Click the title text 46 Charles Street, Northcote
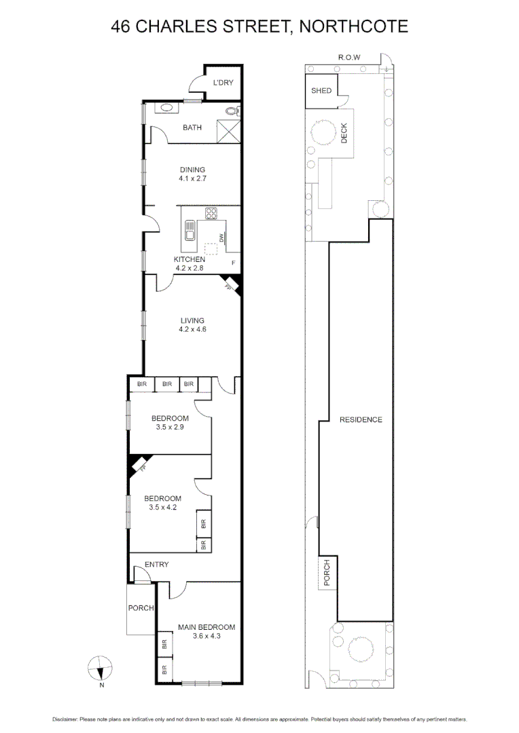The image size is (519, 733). tap(259, 26)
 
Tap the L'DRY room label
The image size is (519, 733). tap(223, 83)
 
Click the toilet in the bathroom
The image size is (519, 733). tap(232, 111)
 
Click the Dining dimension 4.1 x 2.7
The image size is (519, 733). tap(192, 179)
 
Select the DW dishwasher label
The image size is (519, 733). tap(221, 238)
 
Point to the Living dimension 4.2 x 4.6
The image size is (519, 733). tap(192, 330)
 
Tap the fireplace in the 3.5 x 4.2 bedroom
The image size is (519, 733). tap(139, 465)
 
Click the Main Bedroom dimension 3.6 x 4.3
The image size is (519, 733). tap(207, 636)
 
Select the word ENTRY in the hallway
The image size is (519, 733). tap(156, 564)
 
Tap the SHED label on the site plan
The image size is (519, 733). tap(321, 90)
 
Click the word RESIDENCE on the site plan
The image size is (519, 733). tap(361, 419)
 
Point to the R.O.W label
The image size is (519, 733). tap(349, 58)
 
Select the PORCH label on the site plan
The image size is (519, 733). tap(327, 572)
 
